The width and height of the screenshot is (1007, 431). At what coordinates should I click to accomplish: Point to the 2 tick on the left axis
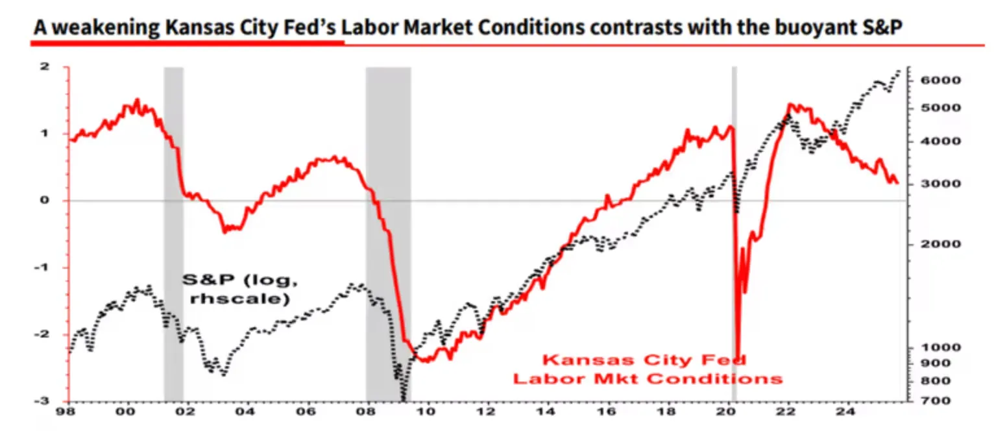[x=45, y=67]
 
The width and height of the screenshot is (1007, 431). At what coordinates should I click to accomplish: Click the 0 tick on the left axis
[x=45, y=201]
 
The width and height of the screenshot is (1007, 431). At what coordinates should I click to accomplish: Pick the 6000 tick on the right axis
[x=929, y=80]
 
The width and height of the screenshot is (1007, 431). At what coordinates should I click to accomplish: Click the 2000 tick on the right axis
[x=929, y=244]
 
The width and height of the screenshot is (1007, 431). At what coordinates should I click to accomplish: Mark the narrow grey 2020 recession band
[x=734, y=234]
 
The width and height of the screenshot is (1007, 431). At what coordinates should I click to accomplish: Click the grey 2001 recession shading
[x=173, y=234]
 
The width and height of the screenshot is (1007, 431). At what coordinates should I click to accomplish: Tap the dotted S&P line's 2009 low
[x=403, y=397]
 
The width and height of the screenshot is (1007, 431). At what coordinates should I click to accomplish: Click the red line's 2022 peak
[x=790, y=104]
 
